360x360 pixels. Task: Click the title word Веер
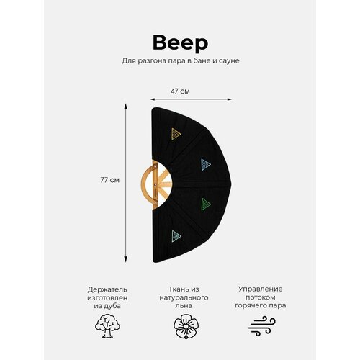point(180,43)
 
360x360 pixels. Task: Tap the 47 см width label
point(180,91)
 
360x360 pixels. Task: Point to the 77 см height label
point(109,180)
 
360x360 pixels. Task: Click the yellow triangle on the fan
point(176,134)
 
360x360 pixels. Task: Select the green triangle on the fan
point(206,204)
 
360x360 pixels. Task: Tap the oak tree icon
point(107,326)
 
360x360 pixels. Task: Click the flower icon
point(186,326)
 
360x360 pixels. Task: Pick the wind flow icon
point(261,325)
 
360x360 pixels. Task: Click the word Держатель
point(107,289)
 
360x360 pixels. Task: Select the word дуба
point(114,306)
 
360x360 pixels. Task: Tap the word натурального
point(184,298)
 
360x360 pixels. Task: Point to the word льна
point(184,306)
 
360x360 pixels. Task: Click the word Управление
point(261,289)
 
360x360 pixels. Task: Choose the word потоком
point(261,297)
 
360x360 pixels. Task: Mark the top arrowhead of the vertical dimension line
point(125,107)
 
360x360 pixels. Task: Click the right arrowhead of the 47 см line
point(229,99)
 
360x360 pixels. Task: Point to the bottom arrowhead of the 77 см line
point(125,259)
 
